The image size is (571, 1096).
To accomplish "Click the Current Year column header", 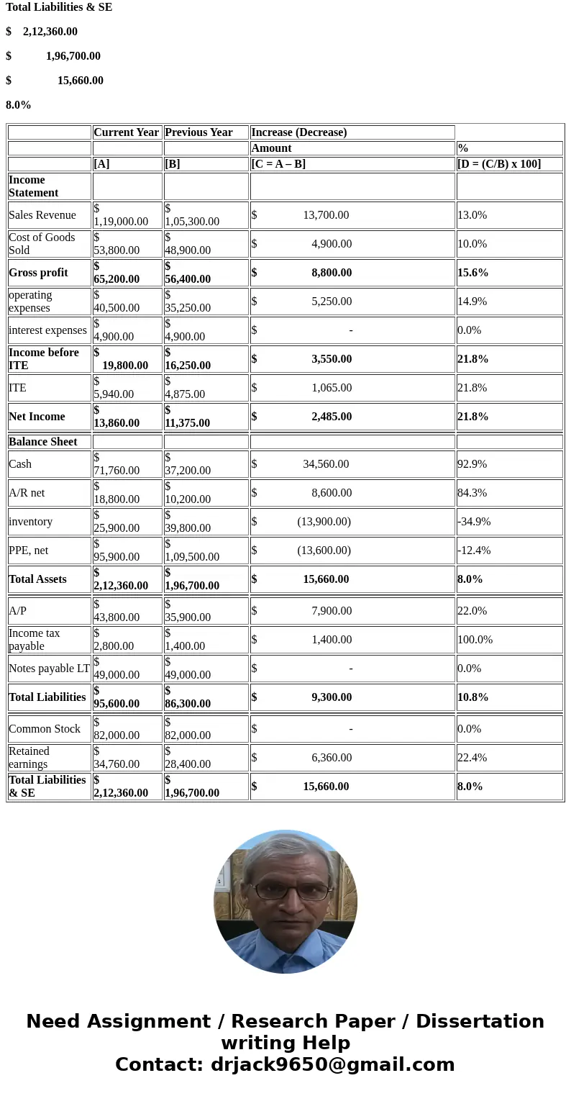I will click(x=127, y=132).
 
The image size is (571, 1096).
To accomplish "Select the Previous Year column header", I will click(x=198, y=132).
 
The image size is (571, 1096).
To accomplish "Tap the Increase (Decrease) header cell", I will click(x=299, y=132).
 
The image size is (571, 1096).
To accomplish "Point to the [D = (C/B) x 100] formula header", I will click(x=499, y=164).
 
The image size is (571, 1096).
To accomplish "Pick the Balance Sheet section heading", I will click(x=43, y=442).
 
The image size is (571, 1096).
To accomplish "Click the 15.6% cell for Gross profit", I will click(x=473, y=273).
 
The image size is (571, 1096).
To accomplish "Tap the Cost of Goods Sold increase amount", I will click(x=332, y=244).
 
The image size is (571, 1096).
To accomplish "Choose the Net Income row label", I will click(x=37, y=417).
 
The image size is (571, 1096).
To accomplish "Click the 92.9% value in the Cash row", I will click(x=472, y=464).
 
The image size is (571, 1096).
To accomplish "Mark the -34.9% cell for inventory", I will click(x=474, y=522).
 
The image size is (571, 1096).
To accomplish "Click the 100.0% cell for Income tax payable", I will click(x=475, y=640).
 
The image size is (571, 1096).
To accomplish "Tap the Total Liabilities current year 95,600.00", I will click(x=117, y=703).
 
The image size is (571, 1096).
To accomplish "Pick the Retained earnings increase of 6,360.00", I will click(x=332, y=758).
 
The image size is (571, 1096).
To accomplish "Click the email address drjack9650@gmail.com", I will click(x=332, y=1065).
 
